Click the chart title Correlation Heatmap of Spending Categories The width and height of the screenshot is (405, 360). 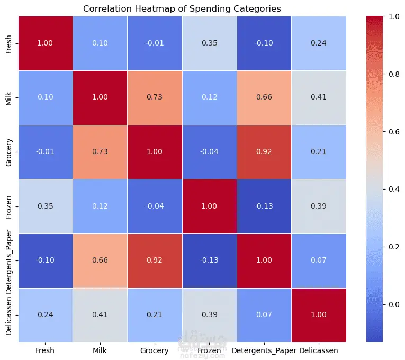tap(182, 8)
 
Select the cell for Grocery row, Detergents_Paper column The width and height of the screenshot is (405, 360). tap(264, 152)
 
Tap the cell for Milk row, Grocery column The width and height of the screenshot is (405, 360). tap(155, 97)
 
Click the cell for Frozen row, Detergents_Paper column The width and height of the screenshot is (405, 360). tap(264, 206)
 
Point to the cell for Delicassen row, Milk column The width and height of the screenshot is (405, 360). tap(101, 314)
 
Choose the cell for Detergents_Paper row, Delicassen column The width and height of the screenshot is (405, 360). tap(318, 260)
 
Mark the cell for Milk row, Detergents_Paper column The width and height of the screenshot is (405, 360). tap(264, 97)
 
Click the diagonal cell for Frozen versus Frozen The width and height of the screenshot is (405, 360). tap(210, 206)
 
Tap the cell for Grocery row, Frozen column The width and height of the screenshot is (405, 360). tap(210, 152)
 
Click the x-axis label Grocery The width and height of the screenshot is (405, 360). tap(155, 350)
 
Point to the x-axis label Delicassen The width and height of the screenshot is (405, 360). tap(318, 350)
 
